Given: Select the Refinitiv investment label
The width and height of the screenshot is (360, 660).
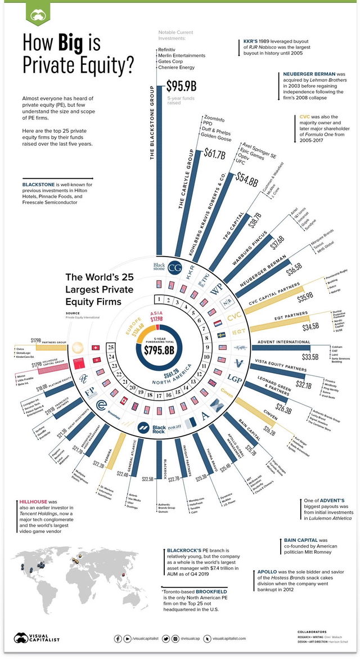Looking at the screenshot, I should click(169, 51).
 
